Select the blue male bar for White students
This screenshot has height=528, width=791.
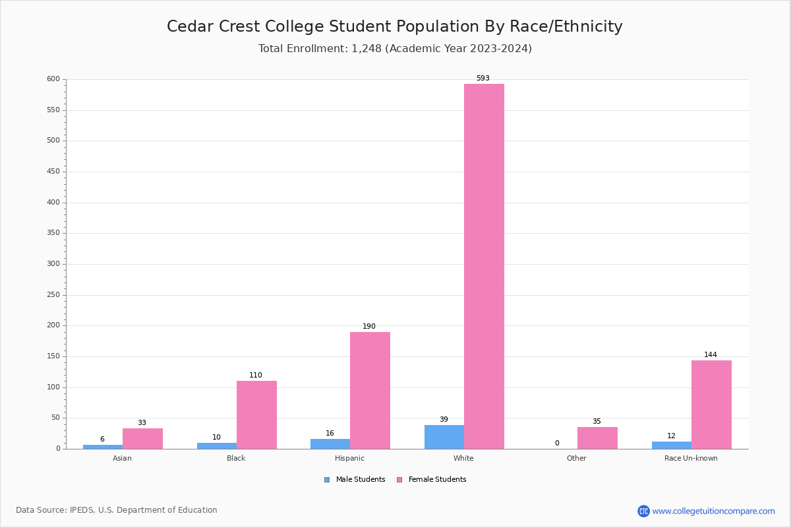444,437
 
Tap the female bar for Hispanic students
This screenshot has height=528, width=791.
370,390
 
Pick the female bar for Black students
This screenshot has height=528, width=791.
256,414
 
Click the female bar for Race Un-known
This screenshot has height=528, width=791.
711,404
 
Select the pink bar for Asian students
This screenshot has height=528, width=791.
142,438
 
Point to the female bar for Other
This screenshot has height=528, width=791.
597,438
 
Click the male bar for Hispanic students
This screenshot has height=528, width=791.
330,444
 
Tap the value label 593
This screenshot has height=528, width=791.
483,78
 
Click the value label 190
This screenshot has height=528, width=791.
369,326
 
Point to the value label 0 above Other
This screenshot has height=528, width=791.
557,443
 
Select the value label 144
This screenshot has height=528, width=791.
710,354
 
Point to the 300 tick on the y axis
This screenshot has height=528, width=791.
53,264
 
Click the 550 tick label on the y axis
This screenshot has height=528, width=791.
53,110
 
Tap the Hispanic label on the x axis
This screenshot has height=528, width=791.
349,458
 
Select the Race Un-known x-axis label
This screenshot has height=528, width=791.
691,458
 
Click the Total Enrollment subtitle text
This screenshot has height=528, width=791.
395,49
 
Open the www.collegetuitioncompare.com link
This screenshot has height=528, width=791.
713,511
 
